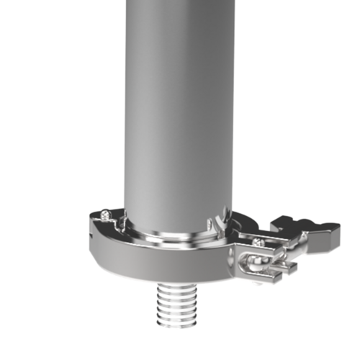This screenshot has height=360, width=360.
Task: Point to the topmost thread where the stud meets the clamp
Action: coord(176,287)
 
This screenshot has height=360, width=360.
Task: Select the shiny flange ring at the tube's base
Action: coord(176,241)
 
